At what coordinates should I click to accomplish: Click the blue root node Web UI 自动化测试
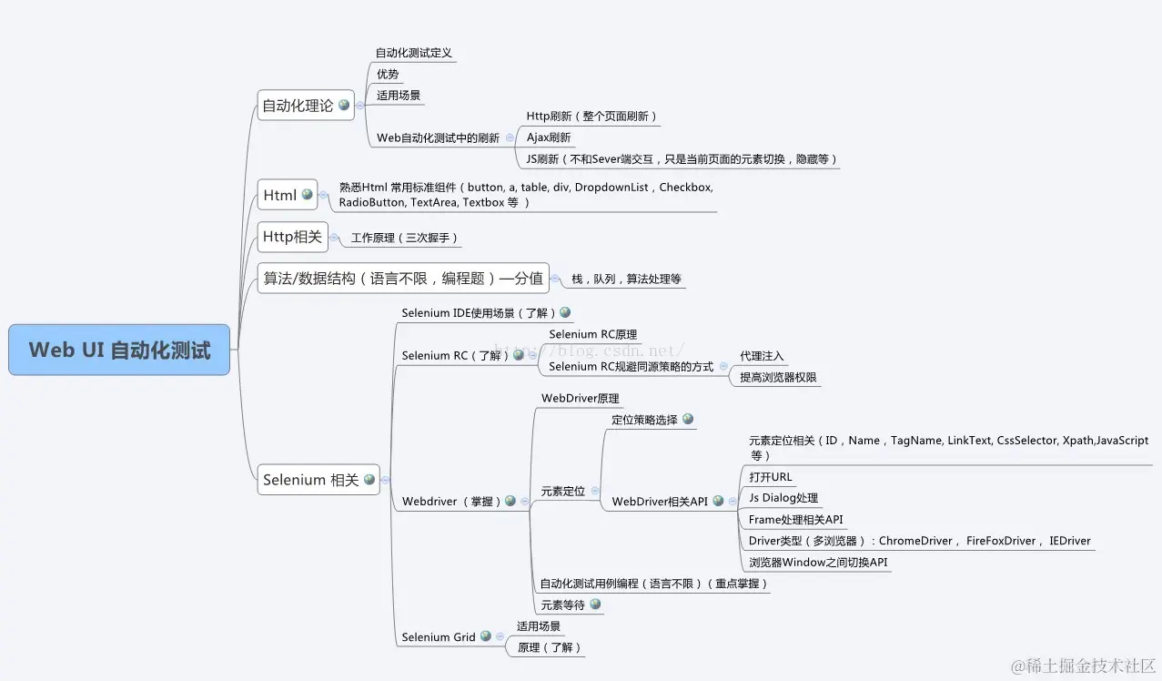(x=119, y=350)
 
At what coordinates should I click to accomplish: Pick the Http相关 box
(x=292, y=237)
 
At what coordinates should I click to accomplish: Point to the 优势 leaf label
(x=388, y=74)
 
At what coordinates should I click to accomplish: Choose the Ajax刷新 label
(x=549, y=137)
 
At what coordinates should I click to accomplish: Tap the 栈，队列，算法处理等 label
(x=626, y=279)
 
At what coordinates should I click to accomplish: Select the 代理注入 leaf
(x=762, y=356)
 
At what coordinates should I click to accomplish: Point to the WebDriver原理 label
(x=580, y=398)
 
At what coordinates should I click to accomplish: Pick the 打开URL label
(x=771, y=477)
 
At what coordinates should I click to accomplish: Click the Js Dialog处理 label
(x=783, y=498)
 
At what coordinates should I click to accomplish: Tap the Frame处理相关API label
(x=795, y=520)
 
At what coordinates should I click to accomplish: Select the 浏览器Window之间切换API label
(x=817, y=562)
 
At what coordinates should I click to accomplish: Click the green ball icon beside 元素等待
(x=595, y=604)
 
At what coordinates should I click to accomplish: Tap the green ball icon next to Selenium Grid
(x=485, y=636)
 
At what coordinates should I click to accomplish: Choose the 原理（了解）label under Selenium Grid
(x=550, y=647)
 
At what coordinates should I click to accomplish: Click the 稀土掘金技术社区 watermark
(x=1077, y=665)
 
